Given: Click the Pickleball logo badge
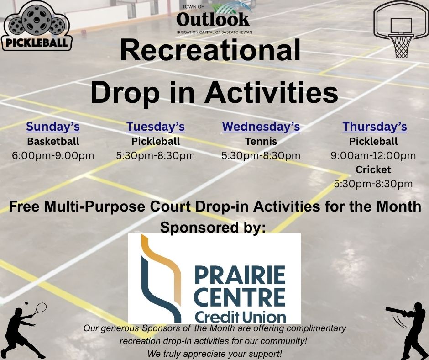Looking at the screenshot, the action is (x=37, y=26).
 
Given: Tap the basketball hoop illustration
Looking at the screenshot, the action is (x=401, y=29).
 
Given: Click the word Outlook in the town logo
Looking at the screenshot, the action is (x=213, y=19).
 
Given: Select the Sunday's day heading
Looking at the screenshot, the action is (x=53, y=127).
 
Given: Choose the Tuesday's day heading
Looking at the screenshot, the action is (x=156, y=127).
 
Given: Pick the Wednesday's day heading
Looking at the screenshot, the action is (x=261, y=127).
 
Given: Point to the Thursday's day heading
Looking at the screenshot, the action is (x=375, y=127).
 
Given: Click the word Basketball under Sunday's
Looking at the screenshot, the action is (x=53, y=141).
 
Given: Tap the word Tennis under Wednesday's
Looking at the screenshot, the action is (x=261, y=141).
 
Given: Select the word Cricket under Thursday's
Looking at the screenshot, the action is (x=373, y=169).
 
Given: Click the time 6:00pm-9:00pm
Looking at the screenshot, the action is (x=53, y=156).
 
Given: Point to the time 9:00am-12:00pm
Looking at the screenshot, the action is (x=373, y=156).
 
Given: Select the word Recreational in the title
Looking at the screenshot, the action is (x=210, y=50).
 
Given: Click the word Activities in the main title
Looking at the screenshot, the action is (x=271, y=92).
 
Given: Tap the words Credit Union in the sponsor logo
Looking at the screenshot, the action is (x=240, y=317).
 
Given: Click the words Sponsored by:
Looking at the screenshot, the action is (x=213, y=228).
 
